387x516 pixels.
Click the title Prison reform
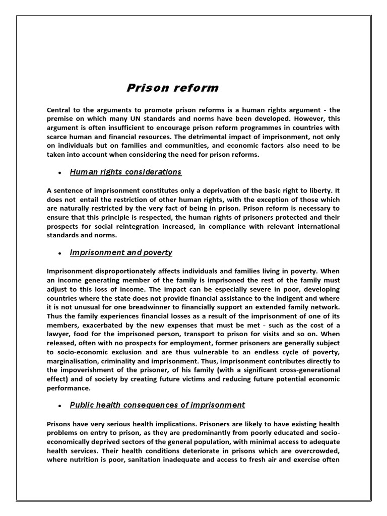tap(172, 88)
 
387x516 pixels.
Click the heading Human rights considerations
tap(125, 172)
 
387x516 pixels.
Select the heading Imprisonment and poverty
tap(121, 252)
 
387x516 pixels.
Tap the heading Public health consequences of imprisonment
tap(157, 405)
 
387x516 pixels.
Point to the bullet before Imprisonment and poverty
tap(59, 253)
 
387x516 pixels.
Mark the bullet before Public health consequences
tap(59, 406)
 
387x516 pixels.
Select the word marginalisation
tap(75, 361)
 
